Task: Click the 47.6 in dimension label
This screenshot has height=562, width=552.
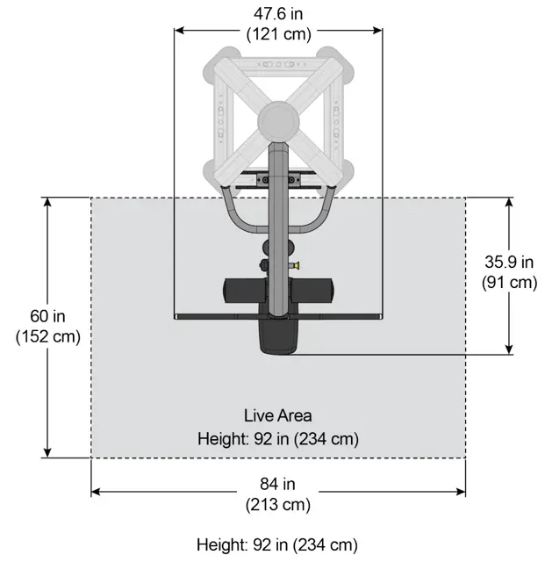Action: click(278, 14)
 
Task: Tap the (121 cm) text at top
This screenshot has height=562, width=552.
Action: click(279, 34)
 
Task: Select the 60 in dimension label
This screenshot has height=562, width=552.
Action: click(47, 316)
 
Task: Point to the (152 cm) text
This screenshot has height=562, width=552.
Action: click(48, 337)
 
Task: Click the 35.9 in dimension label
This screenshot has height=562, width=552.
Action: click(509, 262)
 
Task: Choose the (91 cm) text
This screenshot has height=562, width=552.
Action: click(509, 283)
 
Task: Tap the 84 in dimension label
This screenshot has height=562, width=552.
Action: click(277, 484)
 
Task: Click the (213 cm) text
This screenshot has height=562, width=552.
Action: click(278, 505)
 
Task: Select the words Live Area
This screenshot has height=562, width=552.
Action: click(277, 415)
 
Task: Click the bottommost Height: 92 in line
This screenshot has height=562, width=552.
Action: click(277, 544)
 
